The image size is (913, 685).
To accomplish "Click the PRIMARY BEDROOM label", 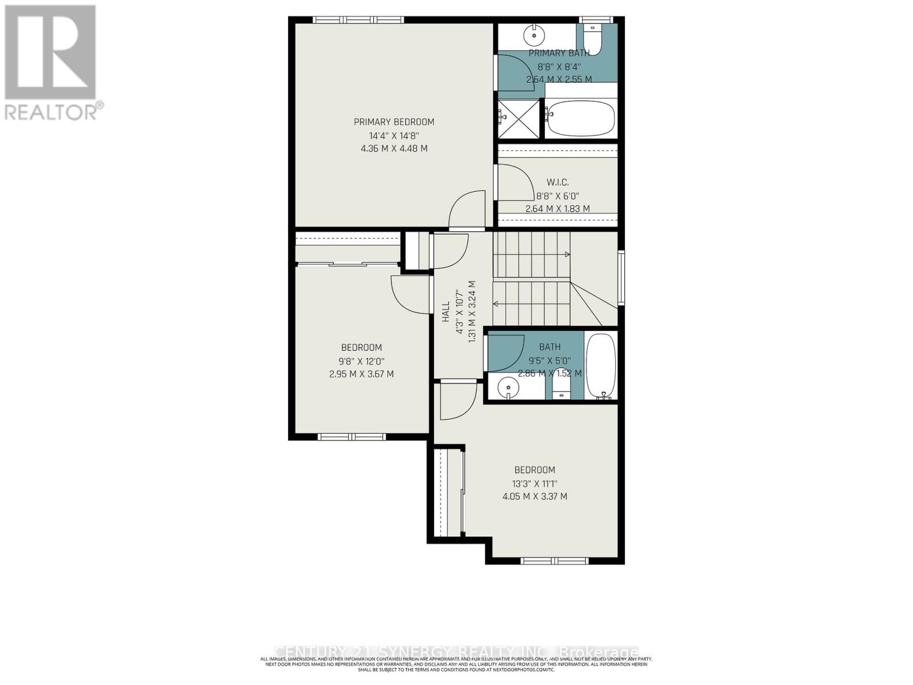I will pyautogui.click(x=394, y=122).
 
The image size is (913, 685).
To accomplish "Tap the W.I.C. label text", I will pyautogui.click(x=558, y=182).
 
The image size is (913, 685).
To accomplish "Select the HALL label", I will pyautogui.click(x=446, y=312).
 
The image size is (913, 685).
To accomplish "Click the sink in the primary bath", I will pyautogui.click(x=535, y=35).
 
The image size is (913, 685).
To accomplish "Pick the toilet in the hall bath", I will pyautogui.click(x=561, y=390).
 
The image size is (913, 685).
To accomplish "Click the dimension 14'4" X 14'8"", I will pyautogui.click(x=394, y=136).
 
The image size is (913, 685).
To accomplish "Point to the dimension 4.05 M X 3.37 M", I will pyautogui.click(x=535, y=497).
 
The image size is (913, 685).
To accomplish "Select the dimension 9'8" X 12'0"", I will pyautogui.click(x=361, y=361).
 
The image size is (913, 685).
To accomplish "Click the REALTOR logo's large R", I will pyautogui.click(x=50, y=53).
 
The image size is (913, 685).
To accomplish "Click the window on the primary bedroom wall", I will pyautogui.click(x=358, y=20).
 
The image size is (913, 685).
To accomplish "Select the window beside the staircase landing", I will pyautogui.click(x=621, y=277).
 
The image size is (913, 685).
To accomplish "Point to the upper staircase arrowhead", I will pyautogui.click(x=567, y=254).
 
